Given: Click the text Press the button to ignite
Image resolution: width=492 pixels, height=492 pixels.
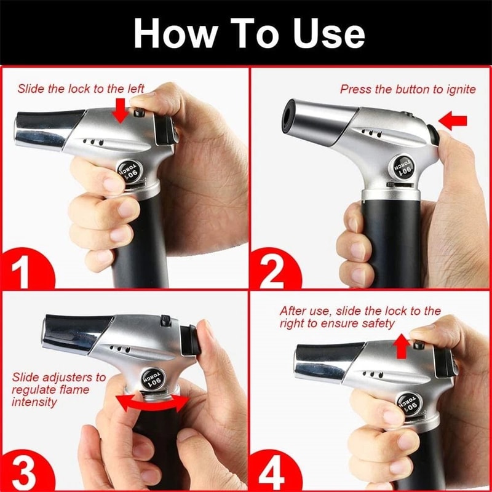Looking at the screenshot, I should tap(408, 90).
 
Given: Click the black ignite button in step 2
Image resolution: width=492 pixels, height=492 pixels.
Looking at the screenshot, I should tap(434, 134).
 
